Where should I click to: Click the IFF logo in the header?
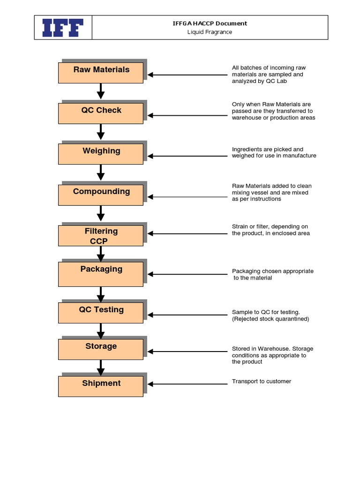coord(63,28)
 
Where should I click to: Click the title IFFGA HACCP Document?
coord(210,23)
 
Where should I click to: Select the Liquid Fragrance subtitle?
coord(210,32)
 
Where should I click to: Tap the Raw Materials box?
coord(101,73)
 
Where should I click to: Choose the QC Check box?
coord(101,113)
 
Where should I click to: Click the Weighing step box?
coord(101,154)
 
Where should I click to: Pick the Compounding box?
coord(101,195)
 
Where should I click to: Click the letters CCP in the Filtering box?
coord(99,241)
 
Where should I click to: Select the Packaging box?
coord(101,274)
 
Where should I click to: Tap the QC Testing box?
coord(101,313)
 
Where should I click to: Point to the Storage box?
coord(101,349)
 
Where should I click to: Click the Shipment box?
coord(101,386)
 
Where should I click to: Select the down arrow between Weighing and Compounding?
coord(101,174)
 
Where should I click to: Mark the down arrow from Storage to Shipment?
coord(101,367)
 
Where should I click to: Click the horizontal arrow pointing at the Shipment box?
coord(187,384)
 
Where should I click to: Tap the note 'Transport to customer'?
coord(262,381)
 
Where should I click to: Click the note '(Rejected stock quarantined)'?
coord(270,319)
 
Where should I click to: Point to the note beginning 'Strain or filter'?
coord(270,230)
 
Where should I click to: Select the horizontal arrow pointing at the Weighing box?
coord(187,156)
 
